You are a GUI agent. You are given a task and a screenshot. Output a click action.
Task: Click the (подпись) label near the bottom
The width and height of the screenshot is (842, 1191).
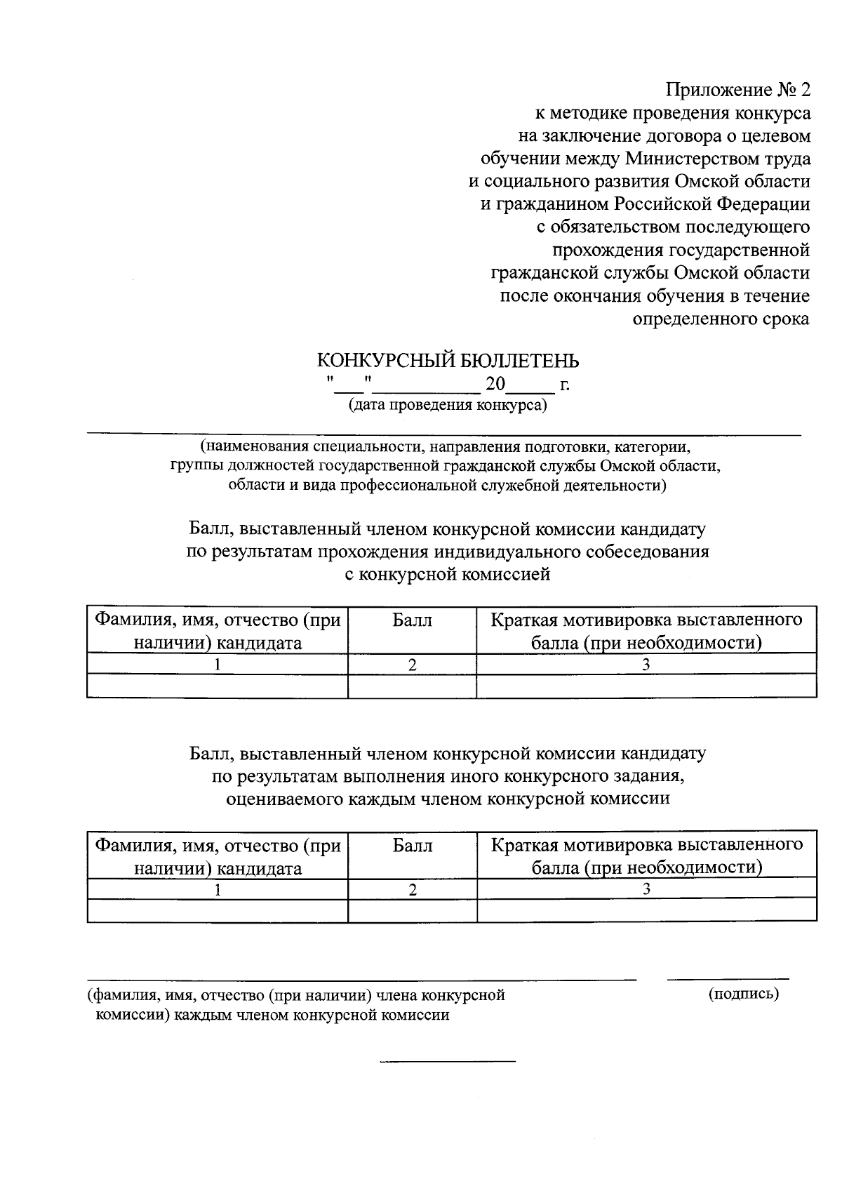[744, 994]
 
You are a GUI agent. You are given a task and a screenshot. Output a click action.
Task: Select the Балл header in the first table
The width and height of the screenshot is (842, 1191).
[412, 620]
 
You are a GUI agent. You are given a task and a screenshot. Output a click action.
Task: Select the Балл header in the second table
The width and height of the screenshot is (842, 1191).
[412, 846]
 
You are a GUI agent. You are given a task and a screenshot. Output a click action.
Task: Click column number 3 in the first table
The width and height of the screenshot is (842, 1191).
[646, 665]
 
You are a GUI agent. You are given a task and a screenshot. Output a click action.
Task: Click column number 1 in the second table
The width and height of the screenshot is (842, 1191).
[218, 890]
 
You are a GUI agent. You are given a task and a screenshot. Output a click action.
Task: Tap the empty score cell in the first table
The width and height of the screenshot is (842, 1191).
[412, 686]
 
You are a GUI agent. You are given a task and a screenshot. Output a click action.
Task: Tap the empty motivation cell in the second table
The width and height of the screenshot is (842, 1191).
[646, 910]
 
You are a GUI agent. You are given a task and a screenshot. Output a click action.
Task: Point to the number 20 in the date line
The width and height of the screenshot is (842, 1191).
[495, 385]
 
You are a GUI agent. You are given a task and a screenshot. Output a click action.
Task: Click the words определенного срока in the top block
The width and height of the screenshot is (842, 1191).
[721, 319]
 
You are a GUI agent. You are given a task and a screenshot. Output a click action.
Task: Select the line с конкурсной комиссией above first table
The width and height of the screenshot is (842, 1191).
[448, 575]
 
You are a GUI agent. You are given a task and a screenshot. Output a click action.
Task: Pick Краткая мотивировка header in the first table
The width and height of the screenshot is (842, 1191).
[646, 631]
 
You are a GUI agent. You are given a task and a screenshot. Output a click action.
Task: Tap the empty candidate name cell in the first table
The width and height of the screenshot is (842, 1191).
[218, 686]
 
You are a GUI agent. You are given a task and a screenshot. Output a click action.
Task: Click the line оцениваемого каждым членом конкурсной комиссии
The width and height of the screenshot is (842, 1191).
[448, 799]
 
